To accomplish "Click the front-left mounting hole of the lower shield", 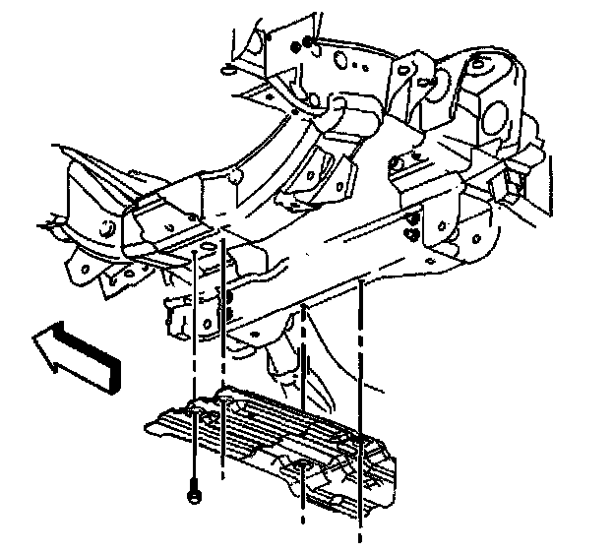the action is [x=224, y=402].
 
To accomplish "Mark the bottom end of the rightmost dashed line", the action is [x=360, y=539].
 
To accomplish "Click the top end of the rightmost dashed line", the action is [x=362, y=282].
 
